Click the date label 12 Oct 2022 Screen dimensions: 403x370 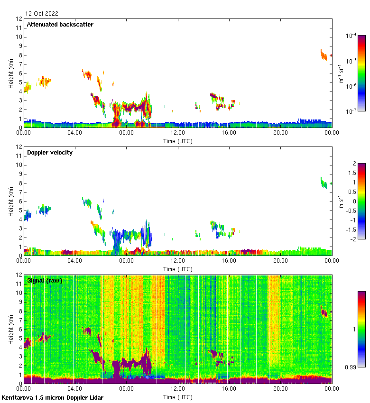pos(42,14)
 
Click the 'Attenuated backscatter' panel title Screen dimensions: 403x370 pos(60,24)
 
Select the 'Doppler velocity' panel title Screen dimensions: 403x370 pos(50,153)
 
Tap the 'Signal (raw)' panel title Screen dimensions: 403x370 pos(45,281)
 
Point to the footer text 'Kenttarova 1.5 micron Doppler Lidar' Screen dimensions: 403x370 pos(52,398)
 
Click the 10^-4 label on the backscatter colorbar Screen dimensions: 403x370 pos(351,36)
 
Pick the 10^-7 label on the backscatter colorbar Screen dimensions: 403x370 pos(351,111)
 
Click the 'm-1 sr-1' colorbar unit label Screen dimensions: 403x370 pos(341,73)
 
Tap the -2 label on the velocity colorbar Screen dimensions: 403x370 pos(353,238)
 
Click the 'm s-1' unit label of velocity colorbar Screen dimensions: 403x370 pos(340,201)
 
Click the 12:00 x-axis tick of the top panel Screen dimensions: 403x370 pos(178,133)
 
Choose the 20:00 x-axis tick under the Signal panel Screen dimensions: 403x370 pos(280,389)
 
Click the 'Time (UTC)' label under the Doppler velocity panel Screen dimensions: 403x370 pos(177,269)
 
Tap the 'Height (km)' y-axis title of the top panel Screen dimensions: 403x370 pos(10,73)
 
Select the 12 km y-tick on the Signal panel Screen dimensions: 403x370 pos(18,275)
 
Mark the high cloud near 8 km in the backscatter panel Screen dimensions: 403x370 pos(324,55)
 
